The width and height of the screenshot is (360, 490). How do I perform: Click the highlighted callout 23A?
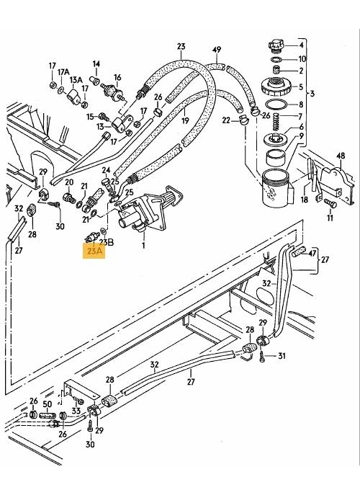[x=94, y=251]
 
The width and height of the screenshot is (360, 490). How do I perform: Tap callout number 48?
[x=341, y=156]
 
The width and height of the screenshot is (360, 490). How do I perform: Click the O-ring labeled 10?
[x=276, y=59]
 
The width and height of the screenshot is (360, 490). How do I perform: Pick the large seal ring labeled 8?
[x=275, y=104]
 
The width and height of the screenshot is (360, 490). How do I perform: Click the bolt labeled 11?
[x=330, y=203]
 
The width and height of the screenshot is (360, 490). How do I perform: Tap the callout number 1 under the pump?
[x=143, y=246]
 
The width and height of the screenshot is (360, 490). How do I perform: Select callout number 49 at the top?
[x=217, y=50]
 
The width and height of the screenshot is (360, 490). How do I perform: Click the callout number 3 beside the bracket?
[x=312, y=94]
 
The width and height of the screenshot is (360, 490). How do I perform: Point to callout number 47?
[x=312, y=253]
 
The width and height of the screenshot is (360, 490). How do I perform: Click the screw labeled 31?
[x=262, y=357]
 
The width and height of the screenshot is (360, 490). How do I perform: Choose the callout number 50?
[x=47, y=405]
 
